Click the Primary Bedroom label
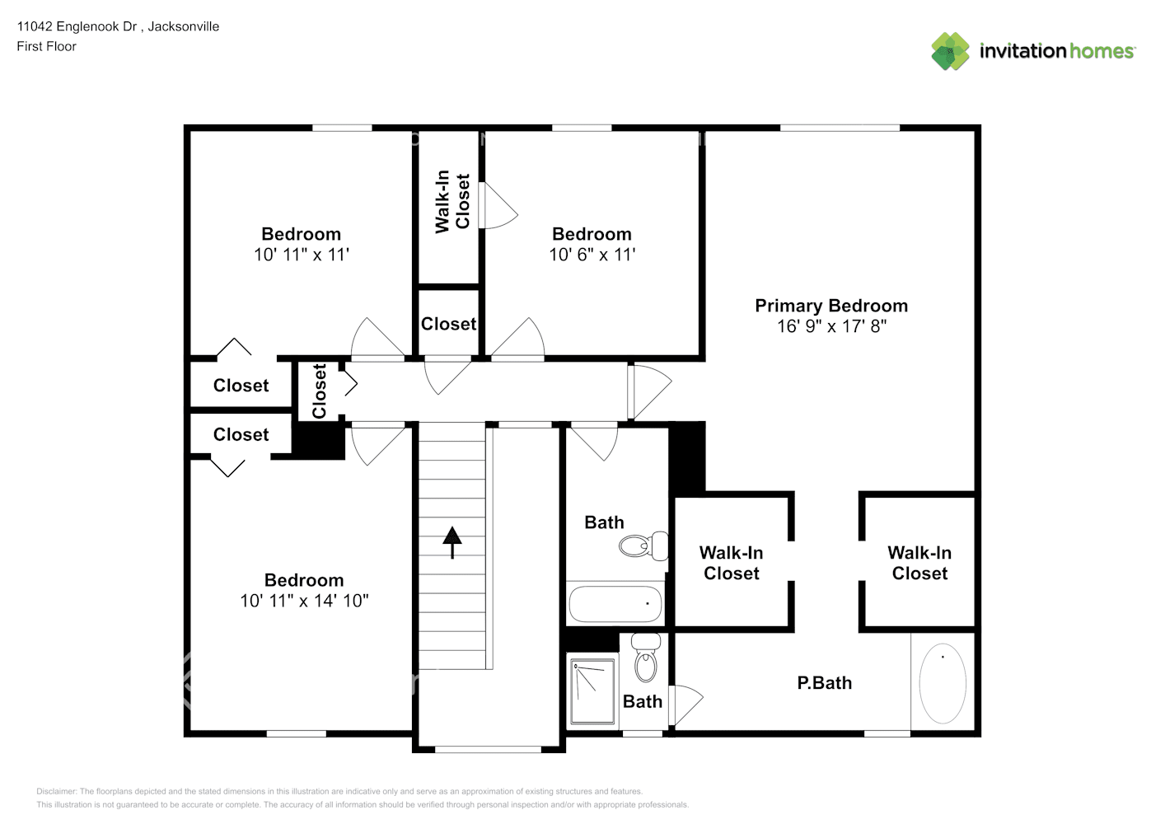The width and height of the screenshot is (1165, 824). click(x=831, y=306)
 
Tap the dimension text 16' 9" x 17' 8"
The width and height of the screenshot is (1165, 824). click(x=831, y=326)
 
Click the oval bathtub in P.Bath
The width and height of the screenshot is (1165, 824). click(x=943, y=683)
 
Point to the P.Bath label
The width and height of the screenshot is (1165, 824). click(x=824, y=683)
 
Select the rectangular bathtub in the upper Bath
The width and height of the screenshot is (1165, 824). click(x=615, y=604)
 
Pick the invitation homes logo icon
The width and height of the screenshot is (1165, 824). click(x=950, y=51)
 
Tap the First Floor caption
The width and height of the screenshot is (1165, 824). click(x=46, y=47)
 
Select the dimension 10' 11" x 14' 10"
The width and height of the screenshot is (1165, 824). click(x=304, y=601)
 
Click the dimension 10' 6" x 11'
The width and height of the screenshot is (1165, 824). click(x=592, y=255)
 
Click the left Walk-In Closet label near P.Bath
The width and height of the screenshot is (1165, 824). click(x=731, y=563)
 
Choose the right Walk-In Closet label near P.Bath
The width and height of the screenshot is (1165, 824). click(x=919, y=563)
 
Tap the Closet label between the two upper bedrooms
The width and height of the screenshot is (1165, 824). click(x=448, y=324)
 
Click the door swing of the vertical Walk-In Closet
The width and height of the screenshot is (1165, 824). click(x=497, y=206)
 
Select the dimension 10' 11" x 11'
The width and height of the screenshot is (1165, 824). click(x=301, y=255)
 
